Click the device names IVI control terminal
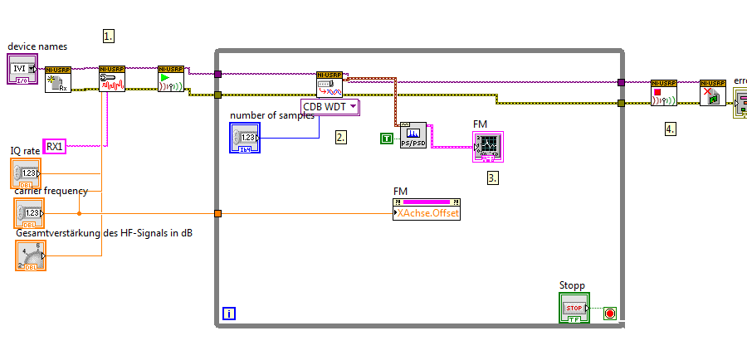[x=22, y=69]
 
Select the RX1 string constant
[x=55, y=146]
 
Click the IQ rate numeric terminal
[x=26, y=173]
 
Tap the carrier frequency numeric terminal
[x=26, y=213]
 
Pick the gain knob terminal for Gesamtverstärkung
[x=31, y=255]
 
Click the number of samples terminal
[x=245, y=138]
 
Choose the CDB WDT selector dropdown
[x=330, y=106]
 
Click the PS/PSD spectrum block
[x=413, y=135]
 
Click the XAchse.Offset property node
[x=427, y=213]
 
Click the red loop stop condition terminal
[x=610, y=314]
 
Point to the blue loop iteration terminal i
[x=229, y=314]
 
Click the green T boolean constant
[x=387, y=138]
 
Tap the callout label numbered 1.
[x=108, y=36]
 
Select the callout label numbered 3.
[x=493, y=177]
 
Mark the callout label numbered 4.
[x=670, y=129]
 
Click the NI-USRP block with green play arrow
[x=170, y=79]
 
